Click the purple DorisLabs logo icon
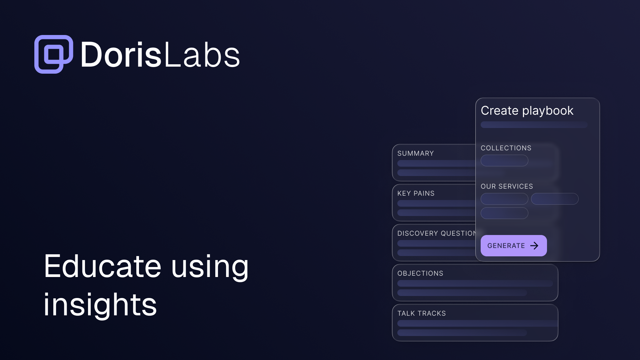coord(54,54)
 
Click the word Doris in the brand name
coord(121,55)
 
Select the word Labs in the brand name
coord(202,55)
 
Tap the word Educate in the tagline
coord(103,266)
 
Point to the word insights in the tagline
coord(100,305)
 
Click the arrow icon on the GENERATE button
coord(534,246)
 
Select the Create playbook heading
coord(527,111)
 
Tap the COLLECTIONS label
coord(506,148)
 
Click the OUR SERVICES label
coord(507,186)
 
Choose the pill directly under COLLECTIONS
coord(504,161)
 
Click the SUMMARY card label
coord(415,153)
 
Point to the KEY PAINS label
coord(416,193)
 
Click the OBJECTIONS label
coord(420,273)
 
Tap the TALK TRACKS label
coord(421,313)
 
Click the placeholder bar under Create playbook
coord(534,125)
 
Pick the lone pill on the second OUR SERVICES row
coord(504,213)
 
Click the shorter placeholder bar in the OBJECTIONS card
coord(462,293)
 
